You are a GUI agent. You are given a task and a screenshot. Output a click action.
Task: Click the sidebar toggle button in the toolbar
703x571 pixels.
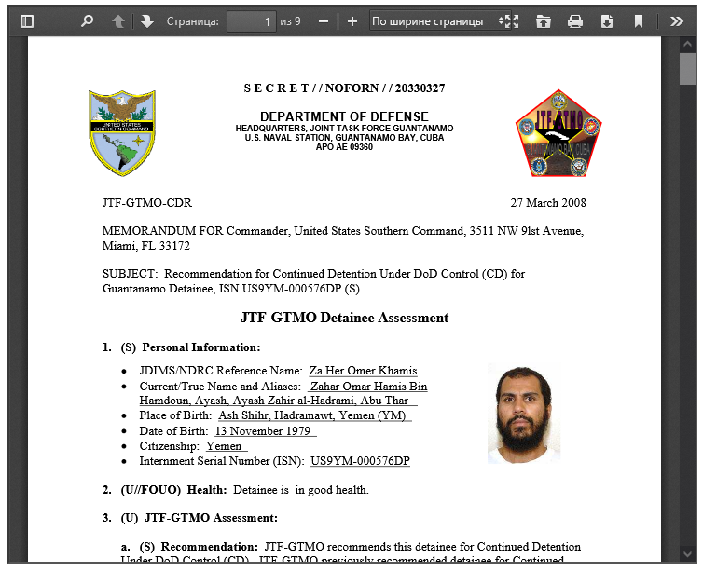(x=27, y=20)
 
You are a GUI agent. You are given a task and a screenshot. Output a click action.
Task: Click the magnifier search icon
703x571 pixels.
(x=87, y=20)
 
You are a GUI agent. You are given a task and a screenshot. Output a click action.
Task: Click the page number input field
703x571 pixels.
(x=251, y=20)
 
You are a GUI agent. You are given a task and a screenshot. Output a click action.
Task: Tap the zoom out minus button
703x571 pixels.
(x=324, y=20)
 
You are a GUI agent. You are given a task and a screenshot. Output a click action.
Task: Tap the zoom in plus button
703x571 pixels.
(x=351, y=20)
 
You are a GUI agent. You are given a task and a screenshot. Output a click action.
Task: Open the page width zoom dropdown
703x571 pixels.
(x=441, y=20)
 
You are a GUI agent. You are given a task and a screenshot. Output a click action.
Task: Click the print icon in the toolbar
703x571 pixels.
(x=575, y=20)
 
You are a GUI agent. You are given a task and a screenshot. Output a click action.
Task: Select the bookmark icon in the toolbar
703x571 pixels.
(x=639, y=20)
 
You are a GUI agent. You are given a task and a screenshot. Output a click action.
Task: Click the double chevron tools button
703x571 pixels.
(x=677, y=20)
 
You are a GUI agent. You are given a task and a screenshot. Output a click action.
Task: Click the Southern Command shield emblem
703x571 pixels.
(x=122, y=133)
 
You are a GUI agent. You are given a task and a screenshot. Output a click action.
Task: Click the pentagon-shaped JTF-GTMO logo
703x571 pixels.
(x=558, y=134)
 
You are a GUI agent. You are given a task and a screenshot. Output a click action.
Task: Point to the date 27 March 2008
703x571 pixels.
(x=548, y=203)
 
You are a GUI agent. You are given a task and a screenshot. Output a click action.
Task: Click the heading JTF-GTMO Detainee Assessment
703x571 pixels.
(x=344, y=318)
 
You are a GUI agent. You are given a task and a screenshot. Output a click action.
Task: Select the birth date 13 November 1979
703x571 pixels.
(x=265, y=431)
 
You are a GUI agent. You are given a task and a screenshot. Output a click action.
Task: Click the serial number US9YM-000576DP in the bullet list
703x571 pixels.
(x=360, y=461)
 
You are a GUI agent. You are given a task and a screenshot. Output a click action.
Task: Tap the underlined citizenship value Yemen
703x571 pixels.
(x=225, y=446)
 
